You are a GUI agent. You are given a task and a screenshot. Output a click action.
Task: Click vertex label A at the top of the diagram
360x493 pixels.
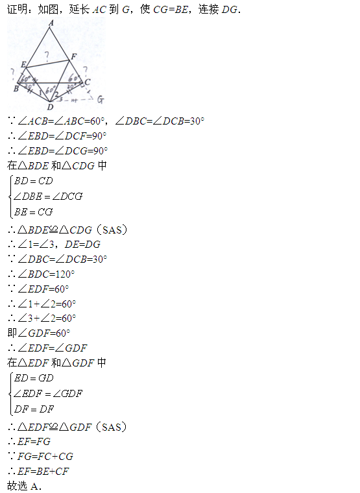[x=51, y=23]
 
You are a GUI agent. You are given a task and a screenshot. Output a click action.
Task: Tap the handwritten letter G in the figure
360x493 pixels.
[x=101, y=100]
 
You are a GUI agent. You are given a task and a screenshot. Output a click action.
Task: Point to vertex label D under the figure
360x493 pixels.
[x=51, y=107]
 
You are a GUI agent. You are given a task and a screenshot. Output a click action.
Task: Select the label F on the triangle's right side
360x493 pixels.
[x=73, y=56]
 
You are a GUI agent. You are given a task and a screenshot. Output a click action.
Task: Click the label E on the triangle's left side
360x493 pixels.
[x=23, y=64]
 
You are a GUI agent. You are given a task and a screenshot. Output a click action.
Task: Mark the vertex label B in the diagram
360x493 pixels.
[x=16, y=89]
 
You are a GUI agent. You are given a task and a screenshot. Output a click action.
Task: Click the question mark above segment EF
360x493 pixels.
[x=47, y=56]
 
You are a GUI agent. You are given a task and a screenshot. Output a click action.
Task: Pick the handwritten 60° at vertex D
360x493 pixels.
[x=51, y=90]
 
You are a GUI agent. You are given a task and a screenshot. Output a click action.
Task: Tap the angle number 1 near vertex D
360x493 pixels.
[x=40, y=93]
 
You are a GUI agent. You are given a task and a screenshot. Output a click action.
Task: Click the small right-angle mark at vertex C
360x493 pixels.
[x=82, y=84]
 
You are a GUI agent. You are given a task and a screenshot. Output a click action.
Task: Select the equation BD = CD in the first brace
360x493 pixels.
[x=33, y=181]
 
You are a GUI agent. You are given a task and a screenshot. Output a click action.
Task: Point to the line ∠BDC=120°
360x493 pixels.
[x=42, y=274]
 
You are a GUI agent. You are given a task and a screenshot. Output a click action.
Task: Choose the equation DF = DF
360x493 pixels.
[x=34, y=409]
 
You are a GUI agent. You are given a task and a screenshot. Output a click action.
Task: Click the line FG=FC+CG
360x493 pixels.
[x=41, y=456]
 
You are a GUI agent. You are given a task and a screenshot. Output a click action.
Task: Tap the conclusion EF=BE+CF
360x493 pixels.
[x=39, y=471]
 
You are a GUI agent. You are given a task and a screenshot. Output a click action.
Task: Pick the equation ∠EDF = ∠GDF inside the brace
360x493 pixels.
[x=48, y=393]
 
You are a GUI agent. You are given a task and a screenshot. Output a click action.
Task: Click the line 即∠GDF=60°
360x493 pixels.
[x=39, y=333]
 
